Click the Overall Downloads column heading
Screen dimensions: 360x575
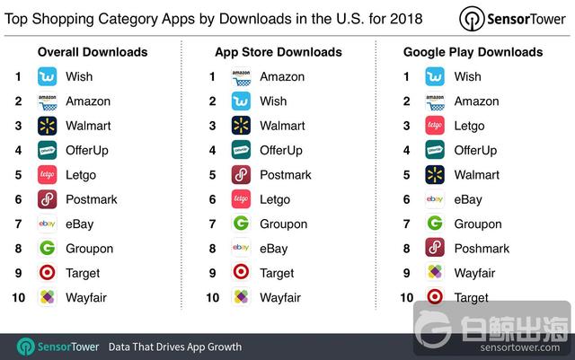coord(93,52)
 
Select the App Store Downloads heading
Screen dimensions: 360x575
coord(279,52)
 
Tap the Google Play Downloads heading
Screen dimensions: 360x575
coord(473,52)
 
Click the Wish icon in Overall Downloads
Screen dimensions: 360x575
coord(48,77)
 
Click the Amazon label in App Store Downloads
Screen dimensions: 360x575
coord(281,77)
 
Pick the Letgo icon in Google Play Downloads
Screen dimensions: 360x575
coord(435,126)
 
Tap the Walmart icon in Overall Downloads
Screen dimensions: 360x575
coord(48,126)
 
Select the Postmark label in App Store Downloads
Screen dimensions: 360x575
coord(285,175)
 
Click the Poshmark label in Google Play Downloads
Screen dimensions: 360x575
coord(482,249)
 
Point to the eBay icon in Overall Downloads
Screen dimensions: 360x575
coord(48,224)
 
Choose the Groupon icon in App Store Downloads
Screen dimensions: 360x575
coord(241,224)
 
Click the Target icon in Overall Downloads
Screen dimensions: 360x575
coord(48,273)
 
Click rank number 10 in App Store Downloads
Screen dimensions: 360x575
coord(212,297)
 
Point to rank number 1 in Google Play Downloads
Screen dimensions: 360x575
coord(407,77)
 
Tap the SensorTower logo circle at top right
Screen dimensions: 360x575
coord(473,19)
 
